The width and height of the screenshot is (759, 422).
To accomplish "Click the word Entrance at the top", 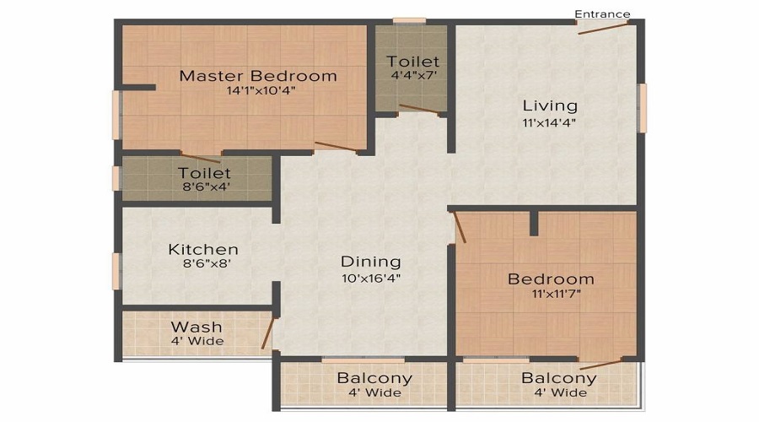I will click(x=602, y=14).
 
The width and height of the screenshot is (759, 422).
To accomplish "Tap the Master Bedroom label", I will click(x=257, y=76).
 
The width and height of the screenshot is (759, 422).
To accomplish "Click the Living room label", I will click(x=550, y=105).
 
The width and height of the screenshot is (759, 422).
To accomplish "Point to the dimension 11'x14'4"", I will click(x=550, y=122).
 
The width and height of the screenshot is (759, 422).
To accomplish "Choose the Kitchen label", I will click(x=202, y=249).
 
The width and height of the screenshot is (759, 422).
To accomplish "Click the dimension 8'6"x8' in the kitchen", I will click(x=202, y=263).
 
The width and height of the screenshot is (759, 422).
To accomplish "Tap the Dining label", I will click(x=370, y=262).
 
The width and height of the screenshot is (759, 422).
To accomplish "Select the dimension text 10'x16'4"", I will click(x=370, y=278).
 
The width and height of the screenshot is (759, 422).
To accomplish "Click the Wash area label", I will click(x=196, y=327).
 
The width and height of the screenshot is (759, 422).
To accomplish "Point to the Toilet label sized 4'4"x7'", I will click(x=412, y=62).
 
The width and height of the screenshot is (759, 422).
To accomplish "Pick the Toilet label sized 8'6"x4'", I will click(x=204, y=173).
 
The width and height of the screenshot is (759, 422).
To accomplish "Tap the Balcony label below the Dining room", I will click(x=374, y=378).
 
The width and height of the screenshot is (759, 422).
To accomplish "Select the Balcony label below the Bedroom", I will click(x=558, y=378).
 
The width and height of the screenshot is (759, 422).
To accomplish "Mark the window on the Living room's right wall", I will click(x=642, y=107).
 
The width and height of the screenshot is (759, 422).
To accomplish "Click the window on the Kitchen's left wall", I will click(x=116, y=271).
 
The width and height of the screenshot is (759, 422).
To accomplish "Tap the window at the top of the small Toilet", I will click(x=409, y=20).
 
